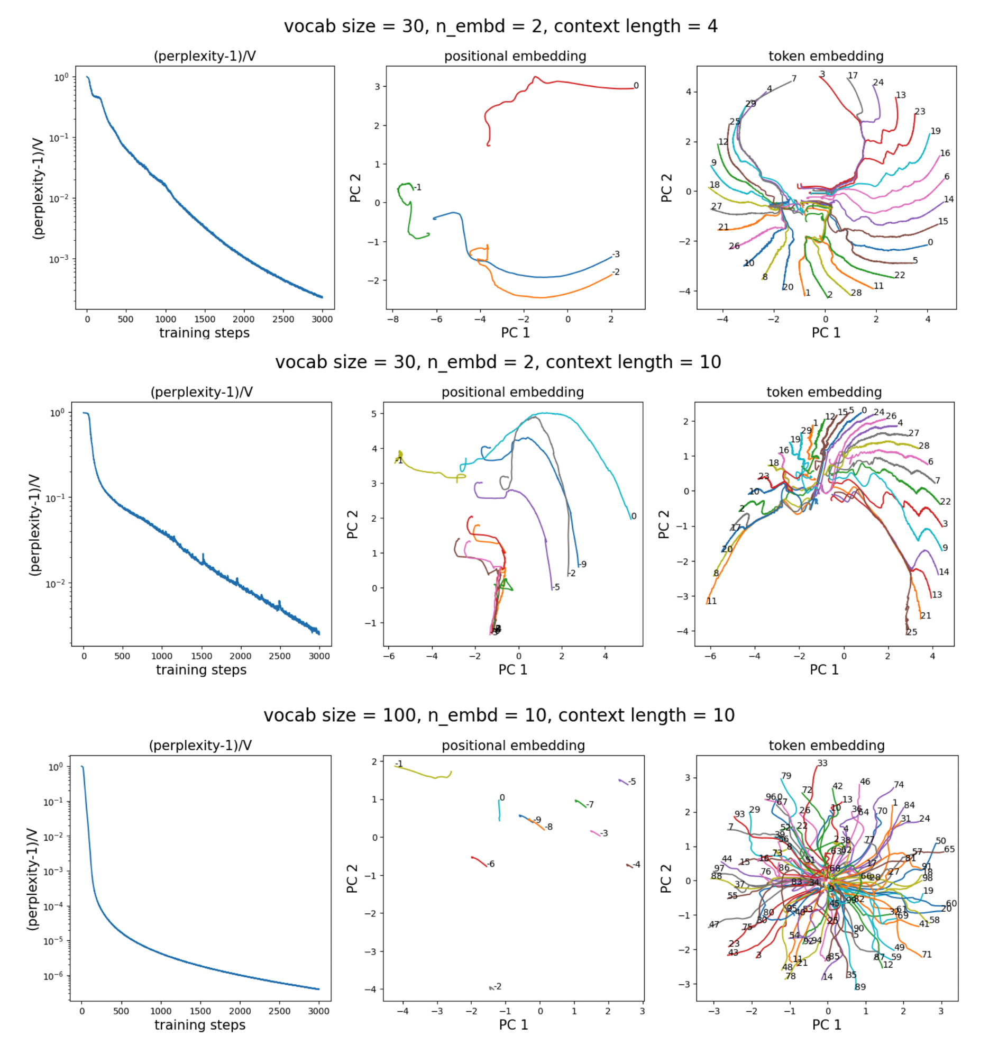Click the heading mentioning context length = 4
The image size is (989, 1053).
500,26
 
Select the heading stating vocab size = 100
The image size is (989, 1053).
499,715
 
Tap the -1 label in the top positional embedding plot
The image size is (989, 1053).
417,187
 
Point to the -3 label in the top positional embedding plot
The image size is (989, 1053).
615,254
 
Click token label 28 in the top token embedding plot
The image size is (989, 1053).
856,293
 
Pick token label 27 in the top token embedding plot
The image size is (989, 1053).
716,206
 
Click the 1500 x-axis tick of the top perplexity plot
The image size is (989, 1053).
205,319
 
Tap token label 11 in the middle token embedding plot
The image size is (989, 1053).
711,601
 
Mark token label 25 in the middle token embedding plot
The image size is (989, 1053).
912,631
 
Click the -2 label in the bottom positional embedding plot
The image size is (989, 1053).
497,986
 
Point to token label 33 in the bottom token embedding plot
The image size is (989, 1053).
822,762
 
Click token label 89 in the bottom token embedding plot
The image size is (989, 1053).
860,986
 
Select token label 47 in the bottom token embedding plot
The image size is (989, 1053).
714,924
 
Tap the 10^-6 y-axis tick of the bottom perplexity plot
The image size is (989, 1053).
53,976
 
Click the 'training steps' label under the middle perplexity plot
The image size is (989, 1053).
201,669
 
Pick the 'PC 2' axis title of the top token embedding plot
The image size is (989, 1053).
666,187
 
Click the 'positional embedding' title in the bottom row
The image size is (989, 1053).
513,745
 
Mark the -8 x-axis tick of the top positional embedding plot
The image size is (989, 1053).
393,320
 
